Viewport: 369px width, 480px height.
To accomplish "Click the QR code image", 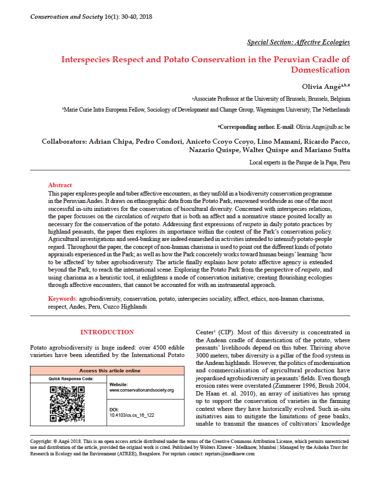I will (x=67, y=403).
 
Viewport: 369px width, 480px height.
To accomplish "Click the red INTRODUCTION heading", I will (x=107, y=332).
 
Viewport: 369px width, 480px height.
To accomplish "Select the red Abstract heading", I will (x=60, y=185).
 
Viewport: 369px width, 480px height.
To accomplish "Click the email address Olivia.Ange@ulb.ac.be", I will (x=323, y=127).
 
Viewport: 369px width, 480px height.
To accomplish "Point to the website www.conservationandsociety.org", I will (x=142, y=390).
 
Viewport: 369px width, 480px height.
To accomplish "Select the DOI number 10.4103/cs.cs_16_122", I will (x=132, y=415).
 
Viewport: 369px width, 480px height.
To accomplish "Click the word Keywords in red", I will (x=62, y=299).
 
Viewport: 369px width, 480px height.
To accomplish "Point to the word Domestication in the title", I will (x=320, y=70).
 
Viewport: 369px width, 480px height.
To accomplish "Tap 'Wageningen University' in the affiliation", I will (x=278, y=110).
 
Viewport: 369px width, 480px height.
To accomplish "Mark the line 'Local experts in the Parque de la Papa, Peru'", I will (x=299, y=162).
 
